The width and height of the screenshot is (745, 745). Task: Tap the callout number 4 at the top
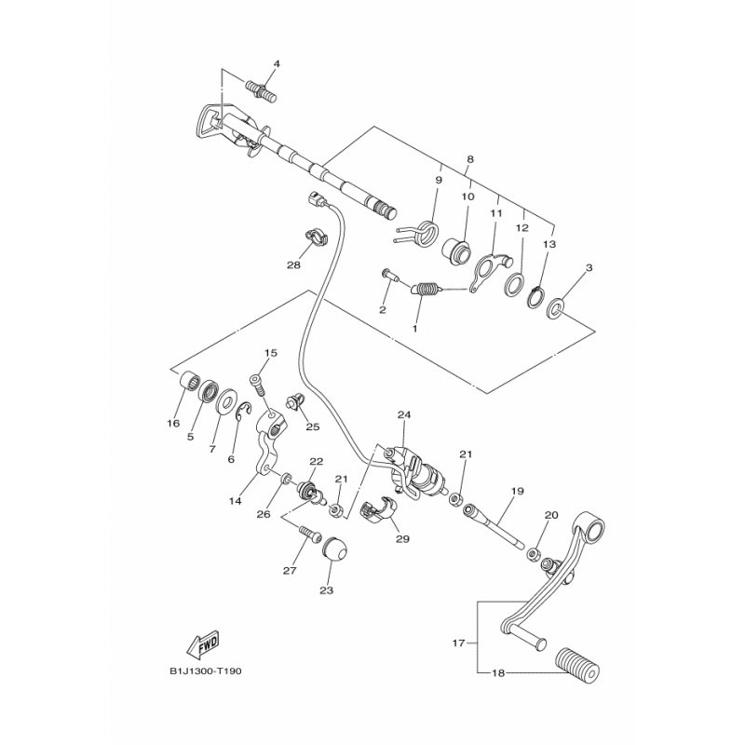point(277,63)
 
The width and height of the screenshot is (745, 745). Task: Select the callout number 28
point(294,265)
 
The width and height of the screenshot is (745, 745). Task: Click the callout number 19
point(517,490)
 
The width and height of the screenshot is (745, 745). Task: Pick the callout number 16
point(173,424)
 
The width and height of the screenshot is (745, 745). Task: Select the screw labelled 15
point(260,383)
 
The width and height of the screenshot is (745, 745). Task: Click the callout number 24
point(403,414)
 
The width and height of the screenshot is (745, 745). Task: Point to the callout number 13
point(549,244)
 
